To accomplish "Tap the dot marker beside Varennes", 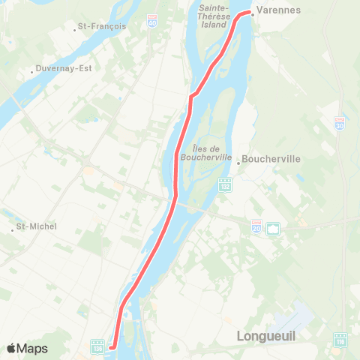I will click(x=253, y=12).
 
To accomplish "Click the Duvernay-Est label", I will click(x=63, y=67).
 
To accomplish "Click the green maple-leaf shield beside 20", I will click(x=272, y=227).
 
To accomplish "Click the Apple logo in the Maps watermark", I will click(x=11, y=348).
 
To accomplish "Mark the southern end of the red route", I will click(x=111, y=346).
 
